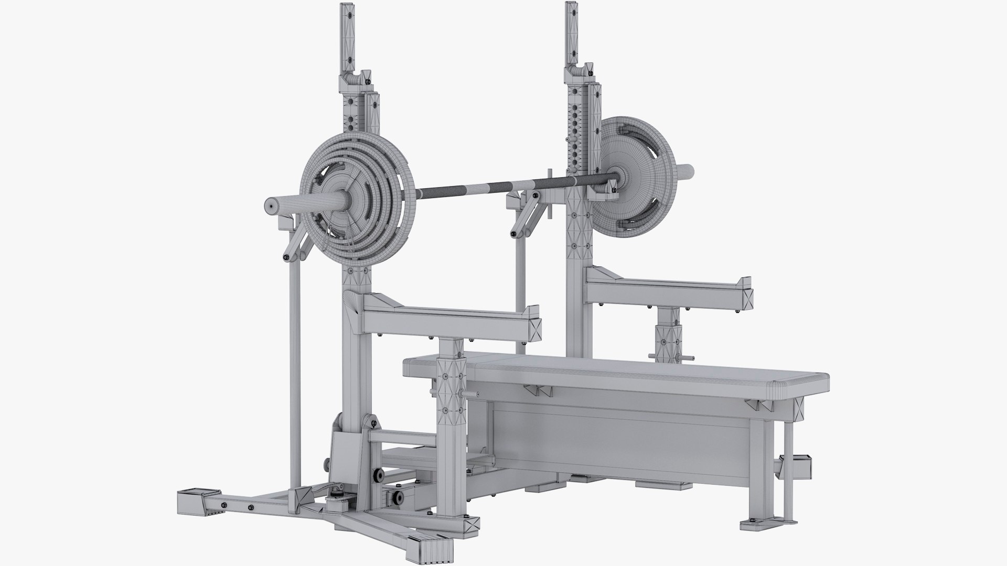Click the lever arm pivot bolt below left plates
coord(287,258)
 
